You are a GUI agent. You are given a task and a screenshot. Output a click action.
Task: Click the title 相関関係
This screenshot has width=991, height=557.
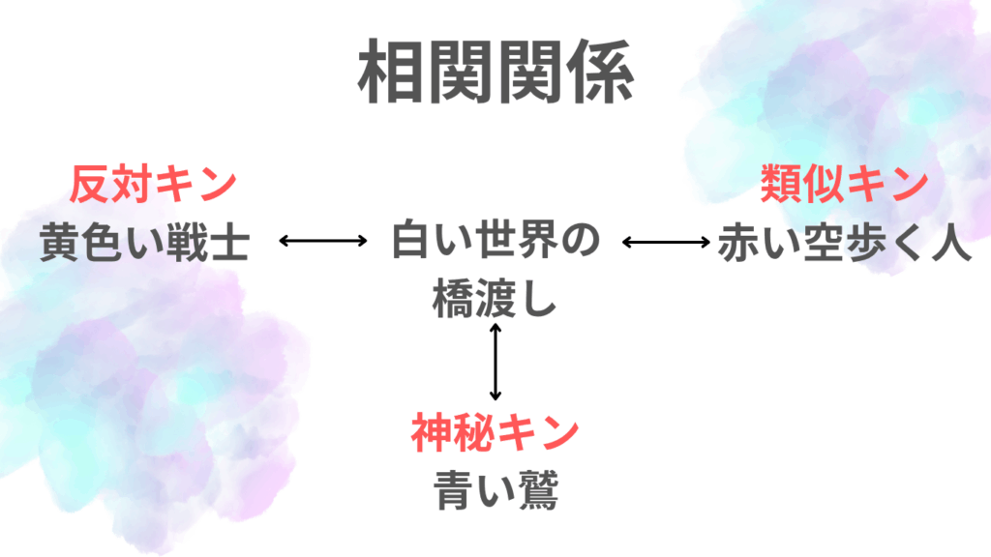[495, 74]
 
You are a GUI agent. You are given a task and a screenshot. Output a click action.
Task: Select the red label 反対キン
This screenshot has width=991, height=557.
[153, 184]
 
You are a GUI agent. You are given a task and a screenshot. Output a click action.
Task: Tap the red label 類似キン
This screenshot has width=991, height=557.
[844, 184]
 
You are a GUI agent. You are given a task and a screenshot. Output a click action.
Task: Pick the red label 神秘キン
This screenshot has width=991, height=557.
[495, 433]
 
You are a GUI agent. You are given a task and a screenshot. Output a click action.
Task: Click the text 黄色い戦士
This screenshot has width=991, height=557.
[145, 243]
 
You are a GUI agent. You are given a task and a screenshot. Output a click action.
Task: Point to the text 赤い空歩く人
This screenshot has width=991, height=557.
[844, 243]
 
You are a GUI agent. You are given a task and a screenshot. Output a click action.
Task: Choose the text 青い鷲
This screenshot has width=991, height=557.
[495, 490]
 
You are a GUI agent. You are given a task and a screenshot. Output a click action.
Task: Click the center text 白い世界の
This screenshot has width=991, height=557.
[495, 242]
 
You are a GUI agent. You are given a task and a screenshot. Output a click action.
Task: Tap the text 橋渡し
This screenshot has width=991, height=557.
[495, 299]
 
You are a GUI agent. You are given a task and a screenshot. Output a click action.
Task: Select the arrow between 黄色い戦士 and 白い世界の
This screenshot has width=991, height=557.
[322, 241]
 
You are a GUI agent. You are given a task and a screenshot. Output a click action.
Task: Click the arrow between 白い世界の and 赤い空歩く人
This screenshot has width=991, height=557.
[666, 241]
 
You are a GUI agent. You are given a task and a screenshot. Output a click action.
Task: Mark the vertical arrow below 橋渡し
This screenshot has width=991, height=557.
[495, 363]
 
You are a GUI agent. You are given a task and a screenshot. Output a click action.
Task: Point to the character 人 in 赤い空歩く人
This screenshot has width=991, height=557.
[949, 243]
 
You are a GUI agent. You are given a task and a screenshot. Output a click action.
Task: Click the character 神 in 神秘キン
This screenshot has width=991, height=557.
[432, 433]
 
